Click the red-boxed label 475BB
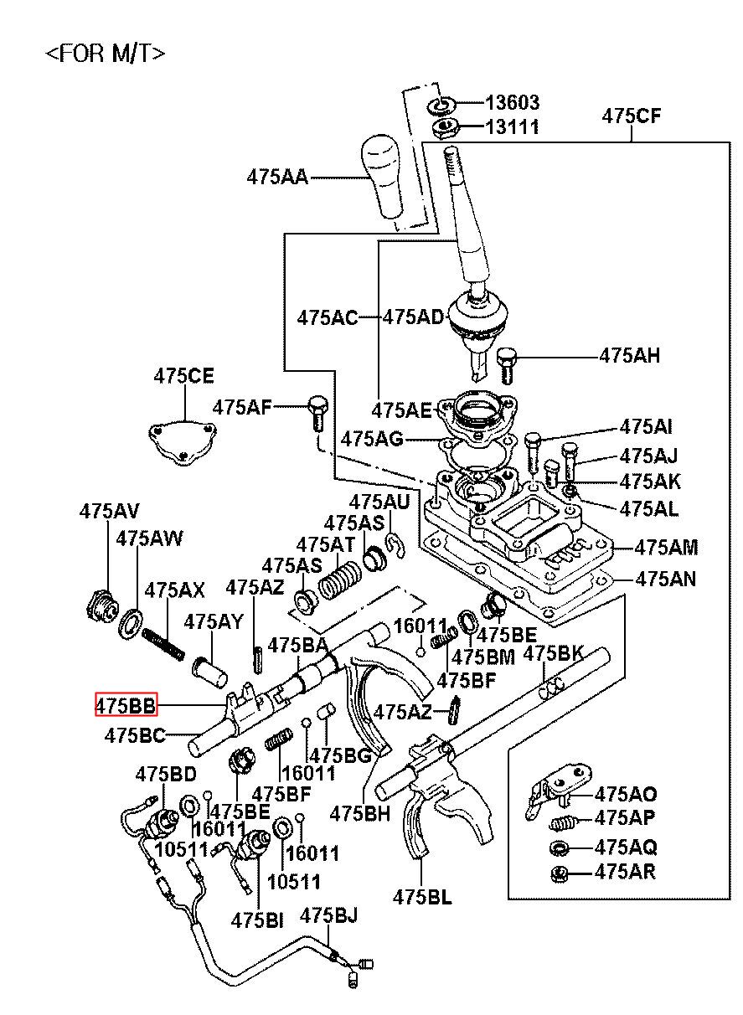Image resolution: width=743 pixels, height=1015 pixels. pyautogui.click(x=125, y=706)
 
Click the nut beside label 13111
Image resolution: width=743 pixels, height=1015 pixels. pyautogui.click(x=443, y=128)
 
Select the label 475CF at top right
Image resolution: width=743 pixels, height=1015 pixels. pyautogui.click(x=631, y=116)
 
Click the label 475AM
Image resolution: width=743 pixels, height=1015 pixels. pyautogui.click(x=666, y=548)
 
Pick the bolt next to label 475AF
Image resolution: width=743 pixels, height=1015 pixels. pyautogui.click(x=317, y=410)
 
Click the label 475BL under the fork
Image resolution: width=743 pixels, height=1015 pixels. pyautogui.click(x=422, y=897)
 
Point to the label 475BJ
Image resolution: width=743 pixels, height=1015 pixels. pyautogui.click(x=328, y=915)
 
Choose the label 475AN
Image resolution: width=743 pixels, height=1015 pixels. pyautogui.click(x=666, y=578)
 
